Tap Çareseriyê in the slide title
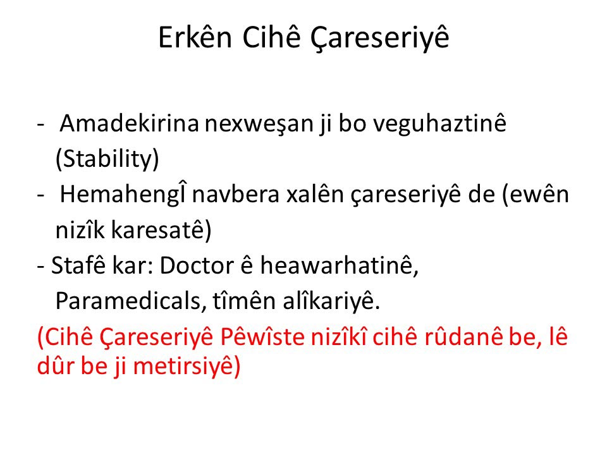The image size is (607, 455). coord(379,39)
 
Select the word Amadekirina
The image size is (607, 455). coord(129,123)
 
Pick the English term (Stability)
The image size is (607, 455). coord(107,159)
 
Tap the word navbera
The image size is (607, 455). coord(235,195)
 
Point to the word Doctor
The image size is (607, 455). coord(197,265)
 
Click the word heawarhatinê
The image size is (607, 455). coord(339,265)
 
